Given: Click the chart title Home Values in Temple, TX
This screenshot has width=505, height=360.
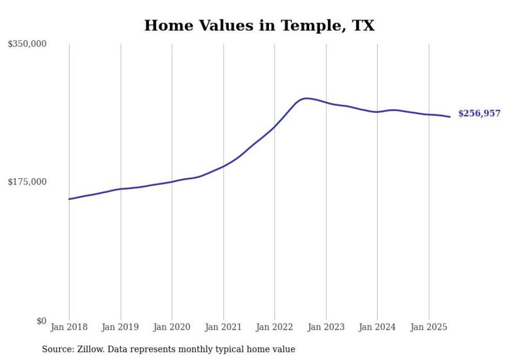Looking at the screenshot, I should click(x=259, y=25).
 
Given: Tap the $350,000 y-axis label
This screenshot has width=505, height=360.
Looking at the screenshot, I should click(x=27, y=44).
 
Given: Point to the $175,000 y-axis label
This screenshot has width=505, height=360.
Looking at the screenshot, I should click(x=27, y=182).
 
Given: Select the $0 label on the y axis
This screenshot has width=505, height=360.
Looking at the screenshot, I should click(x=41, y=321).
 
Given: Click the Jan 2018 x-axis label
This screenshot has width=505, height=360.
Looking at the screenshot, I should click(x=69, y=327).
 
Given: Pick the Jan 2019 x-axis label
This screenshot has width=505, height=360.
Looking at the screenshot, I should click(x=121, y=327).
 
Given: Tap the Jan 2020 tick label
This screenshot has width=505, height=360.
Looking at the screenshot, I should click(x=172, y=327).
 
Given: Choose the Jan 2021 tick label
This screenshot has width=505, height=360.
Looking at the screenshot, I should click(x=223, y=327).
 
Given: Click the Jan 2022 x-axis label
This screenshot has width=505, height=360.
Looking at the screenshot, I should click(x=275, y=327).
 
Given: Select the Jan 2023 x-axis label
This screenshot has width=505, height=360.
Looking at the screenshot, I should click(x=326, y=327).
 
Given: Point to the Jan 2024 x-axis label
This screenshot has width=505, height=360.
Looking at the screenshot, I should click(x=377, y=327).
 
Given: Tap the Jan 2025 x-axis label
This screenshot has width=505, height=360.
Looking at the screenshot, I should click(x=429, y=327).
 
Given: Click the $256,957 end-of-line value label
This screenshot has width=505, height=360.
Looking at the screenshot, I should click(x=479, y=114).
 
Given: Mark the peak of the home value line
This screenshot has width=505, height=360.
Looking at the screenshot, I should click(x=306, y=98).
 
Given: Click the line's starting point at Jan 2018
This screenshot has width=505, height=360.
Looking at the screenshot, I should click(x=69, y=199).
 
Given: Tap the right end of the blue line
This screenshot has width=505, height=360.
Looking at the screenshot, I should click(x=450, y=117).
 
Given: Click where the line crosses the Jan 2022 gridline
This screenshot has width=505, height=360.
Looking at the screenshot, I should click(x=275, y=126).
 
